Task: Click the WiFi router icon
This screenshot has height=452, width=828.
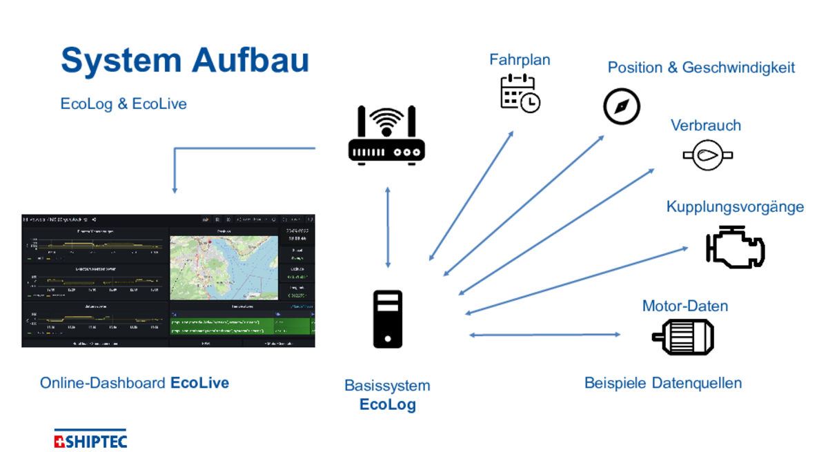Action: pyautogui.click(x=386, y=135)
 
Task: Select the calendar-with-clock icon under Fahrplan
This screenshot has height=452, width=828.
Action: pyautogui.click(x=520, y=92)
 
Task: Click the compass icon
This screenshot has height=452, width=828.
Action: pyautogui.click(x=622, y=106)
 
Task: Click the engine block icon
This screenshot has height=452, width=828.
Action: pyautogui.click(x=736, y=246)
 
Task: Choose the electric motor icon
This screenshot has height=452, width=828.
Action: pyautogui.click(x=683, y=337)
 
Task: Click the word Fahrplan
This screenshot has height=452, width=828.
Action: pyautogui.click(x=520, y=60)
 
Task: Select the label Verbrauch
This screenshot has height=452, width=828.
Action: pyautogui.click(x=705, y=126)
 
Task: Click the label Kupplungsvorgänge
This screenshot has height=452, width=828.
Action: pyautogui.click(x=735, y=207)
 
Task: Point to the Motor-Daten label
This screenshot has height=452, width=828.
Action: pyautogui.click(x=684, y=306)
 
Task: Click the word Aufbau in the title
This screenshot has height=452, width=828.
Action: pyautogui.click(x=250, y=60)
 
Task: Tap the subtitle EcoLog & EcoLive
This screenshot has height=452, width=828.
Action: pyautogui.click(x=124, y=104)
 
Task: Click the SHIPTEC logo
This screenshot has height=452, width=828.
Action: pyautogui.click(x=90, y=440)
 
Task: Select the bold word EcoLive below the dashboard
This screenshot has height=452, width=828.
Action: pyautogui.click(x=199, y=383)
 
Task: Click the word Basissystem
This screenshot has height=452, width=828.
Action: pyautogui.click(x=387, y=386)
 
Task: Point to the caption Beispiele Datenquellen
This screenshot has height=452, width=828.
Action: pyautogui.click(x=662, y=383)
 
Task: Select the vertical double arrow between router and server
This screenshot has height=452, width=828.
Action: pyautogui.click(x=388, y=227)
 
